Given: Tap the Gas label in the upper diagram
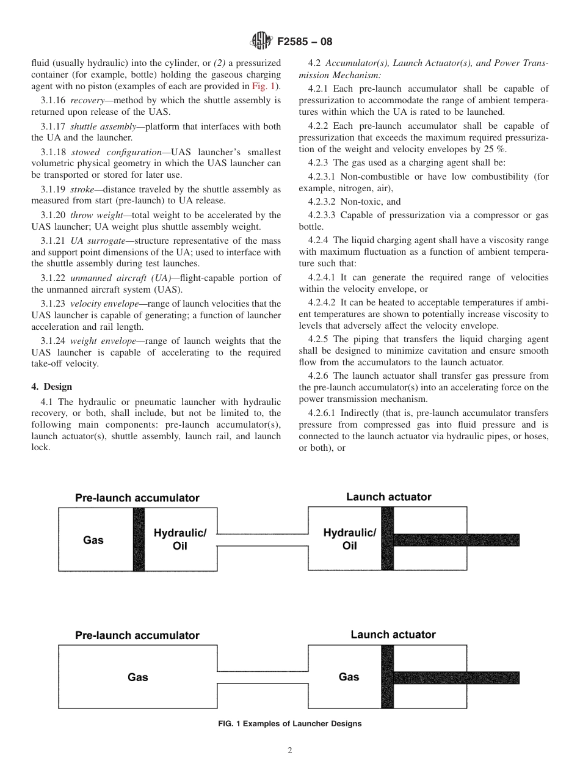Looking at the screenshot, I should (93, 540).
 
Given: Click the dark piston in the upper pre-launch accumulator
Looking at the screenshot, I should (139, 539).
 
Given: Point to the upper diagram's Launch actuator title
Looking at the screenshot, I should (388, 497).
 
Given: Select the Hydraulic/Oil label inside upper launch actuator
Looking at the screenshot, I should (349, 539).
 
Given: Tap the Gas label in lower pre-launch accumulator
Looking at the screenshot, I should (137, 677).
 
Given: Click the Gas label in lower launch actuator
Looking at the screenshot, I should (349, 677).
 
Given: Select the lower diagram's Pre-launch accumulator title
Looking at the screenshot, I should (137, 635).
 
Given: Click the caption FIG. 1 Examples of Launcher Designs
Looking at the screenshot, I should (289, 724).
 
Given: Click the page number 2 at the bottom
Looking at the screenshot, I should (290, 751).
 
